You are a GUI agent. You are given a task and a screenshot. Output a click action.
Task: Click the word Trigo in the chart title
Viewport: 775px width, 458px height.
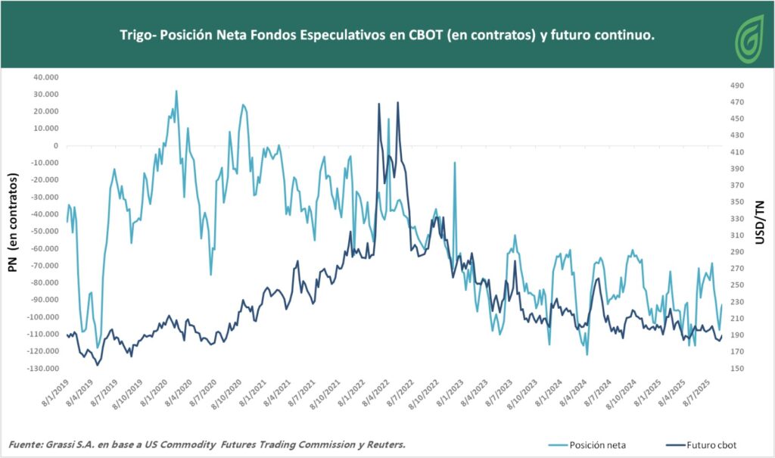pyautogui.click(x=135, y=36)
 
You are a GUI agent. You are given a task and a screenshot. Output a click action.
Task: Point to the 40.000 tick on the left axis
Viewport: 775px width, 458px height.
pyautogui.click(x=44, y=77)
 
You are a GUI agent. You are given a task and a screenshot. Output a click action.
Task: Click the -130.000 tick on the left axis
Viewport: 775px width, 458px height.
pyautogui.click(x=42, y=369)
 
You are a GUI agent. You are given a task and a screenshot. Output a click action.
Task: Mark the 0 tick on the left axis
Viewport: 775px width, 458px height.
pyautogui.click(x=56, y=146)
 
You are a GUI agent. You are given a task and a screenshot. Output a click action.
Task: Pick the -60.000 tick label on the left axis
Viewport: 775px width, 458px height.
pyautogui.click(x=42, y=248)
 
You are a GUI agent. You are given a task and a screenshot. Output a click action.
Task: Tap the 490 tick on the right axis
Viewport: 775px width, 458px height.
pyautogui.click(x=737, y=86)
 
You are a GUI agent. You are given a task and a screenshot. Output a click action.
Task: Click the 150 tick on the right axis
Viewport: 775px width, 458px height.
pyautogui.click(x=737, y=369)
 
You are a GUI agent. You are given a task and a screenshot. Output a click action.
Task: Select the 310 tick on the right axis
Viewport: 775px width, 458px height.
pyautogui.click(x=737, y=235)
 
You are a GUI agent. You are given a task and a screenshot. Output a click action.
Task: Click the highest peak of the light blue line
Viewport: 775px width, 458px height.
pyautogui.click(x=176, y=91)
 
